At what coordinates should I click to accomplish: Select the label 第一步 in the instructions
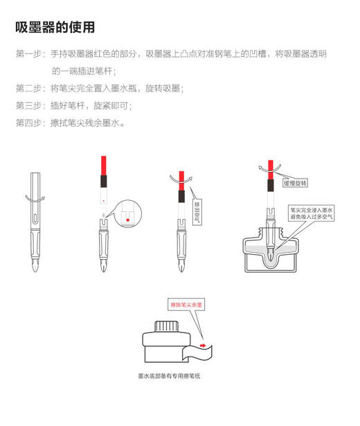(28, 54)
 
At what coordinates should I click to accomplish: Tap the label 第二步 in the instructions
(28, 89)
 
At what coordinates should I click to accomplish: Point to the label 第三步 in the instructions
(28, 106)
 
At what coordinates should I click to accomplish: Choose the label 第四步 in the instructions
(28, 123)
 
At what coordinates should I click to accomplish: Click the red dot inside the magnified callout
(127, 221)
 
